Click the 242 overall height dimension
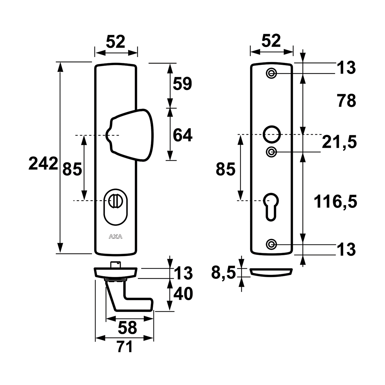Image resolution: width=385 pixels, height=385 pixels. (x=43, y=164)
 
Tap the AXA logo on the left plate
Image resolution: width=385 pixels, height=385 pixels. (x=116, y=237)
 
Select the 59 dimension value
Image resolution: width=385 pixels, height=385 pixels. (x=183, y=83)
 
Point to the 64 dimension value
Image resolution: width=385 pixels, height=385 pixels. (x=183, y=135)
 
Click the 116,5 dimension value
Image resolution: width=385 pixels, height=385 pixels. (x=335, y=201)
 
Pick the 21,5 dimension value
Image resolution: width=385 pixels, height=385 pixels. (x=339, y=142)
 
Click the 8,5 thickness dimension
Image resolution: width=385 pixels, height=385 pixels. (x=223, y=273)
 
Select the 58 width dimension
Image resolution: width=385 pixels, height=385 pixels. (x=127, y=328)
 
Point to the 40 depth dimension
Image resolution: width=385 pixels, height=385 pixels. (x=183, y=294)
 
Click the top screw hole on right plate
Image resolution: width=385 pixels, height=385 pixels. (x=271, y=73)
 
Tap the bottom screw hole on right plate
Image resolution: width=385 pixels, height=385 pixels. (x=271, y=244)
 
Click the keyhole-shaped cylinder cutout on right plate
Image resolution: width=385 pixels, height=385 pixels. (x=271, y=207)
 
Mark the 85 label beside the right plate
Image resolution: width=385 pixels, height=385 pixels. (x=226, y=169)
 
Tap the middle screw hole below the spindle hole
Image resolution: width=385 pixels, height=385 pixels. (x=271, y=152)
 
